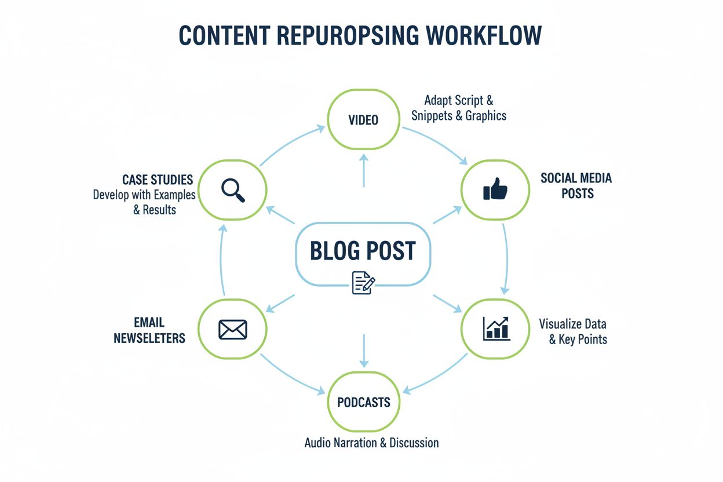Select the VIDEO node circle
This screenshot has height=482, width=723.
click(363, 120)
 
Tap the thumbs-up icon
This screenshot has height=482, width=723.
click(495, 189)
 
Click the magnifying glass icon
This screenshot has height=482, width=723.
click(233, 190)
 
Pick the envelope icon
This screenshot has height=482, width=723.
click(233, 329)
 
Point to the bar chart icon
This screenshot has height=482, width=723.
click(496, 328)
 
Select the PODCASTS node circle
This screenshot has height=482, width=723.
click(363, 402)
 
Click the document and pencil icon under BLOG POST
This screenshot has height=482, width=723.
click(363, 283)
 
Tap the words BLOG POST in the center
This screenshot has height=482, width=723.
click(363, 251)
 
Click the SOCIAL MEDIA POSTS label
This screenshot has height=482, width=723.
click(576, 185)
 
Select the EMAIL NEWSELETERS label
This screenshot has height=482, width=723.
click(149, 330)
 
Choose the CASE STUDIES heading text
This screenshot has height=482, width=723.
click(157, 180)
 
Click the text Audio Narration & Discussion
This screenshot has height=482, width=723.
click(371, 443)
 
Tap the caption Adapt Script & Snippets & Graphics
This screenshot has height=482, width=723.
click(459, 108)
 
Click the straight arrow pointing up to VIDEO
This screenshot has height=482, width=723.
click(363, 170)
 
